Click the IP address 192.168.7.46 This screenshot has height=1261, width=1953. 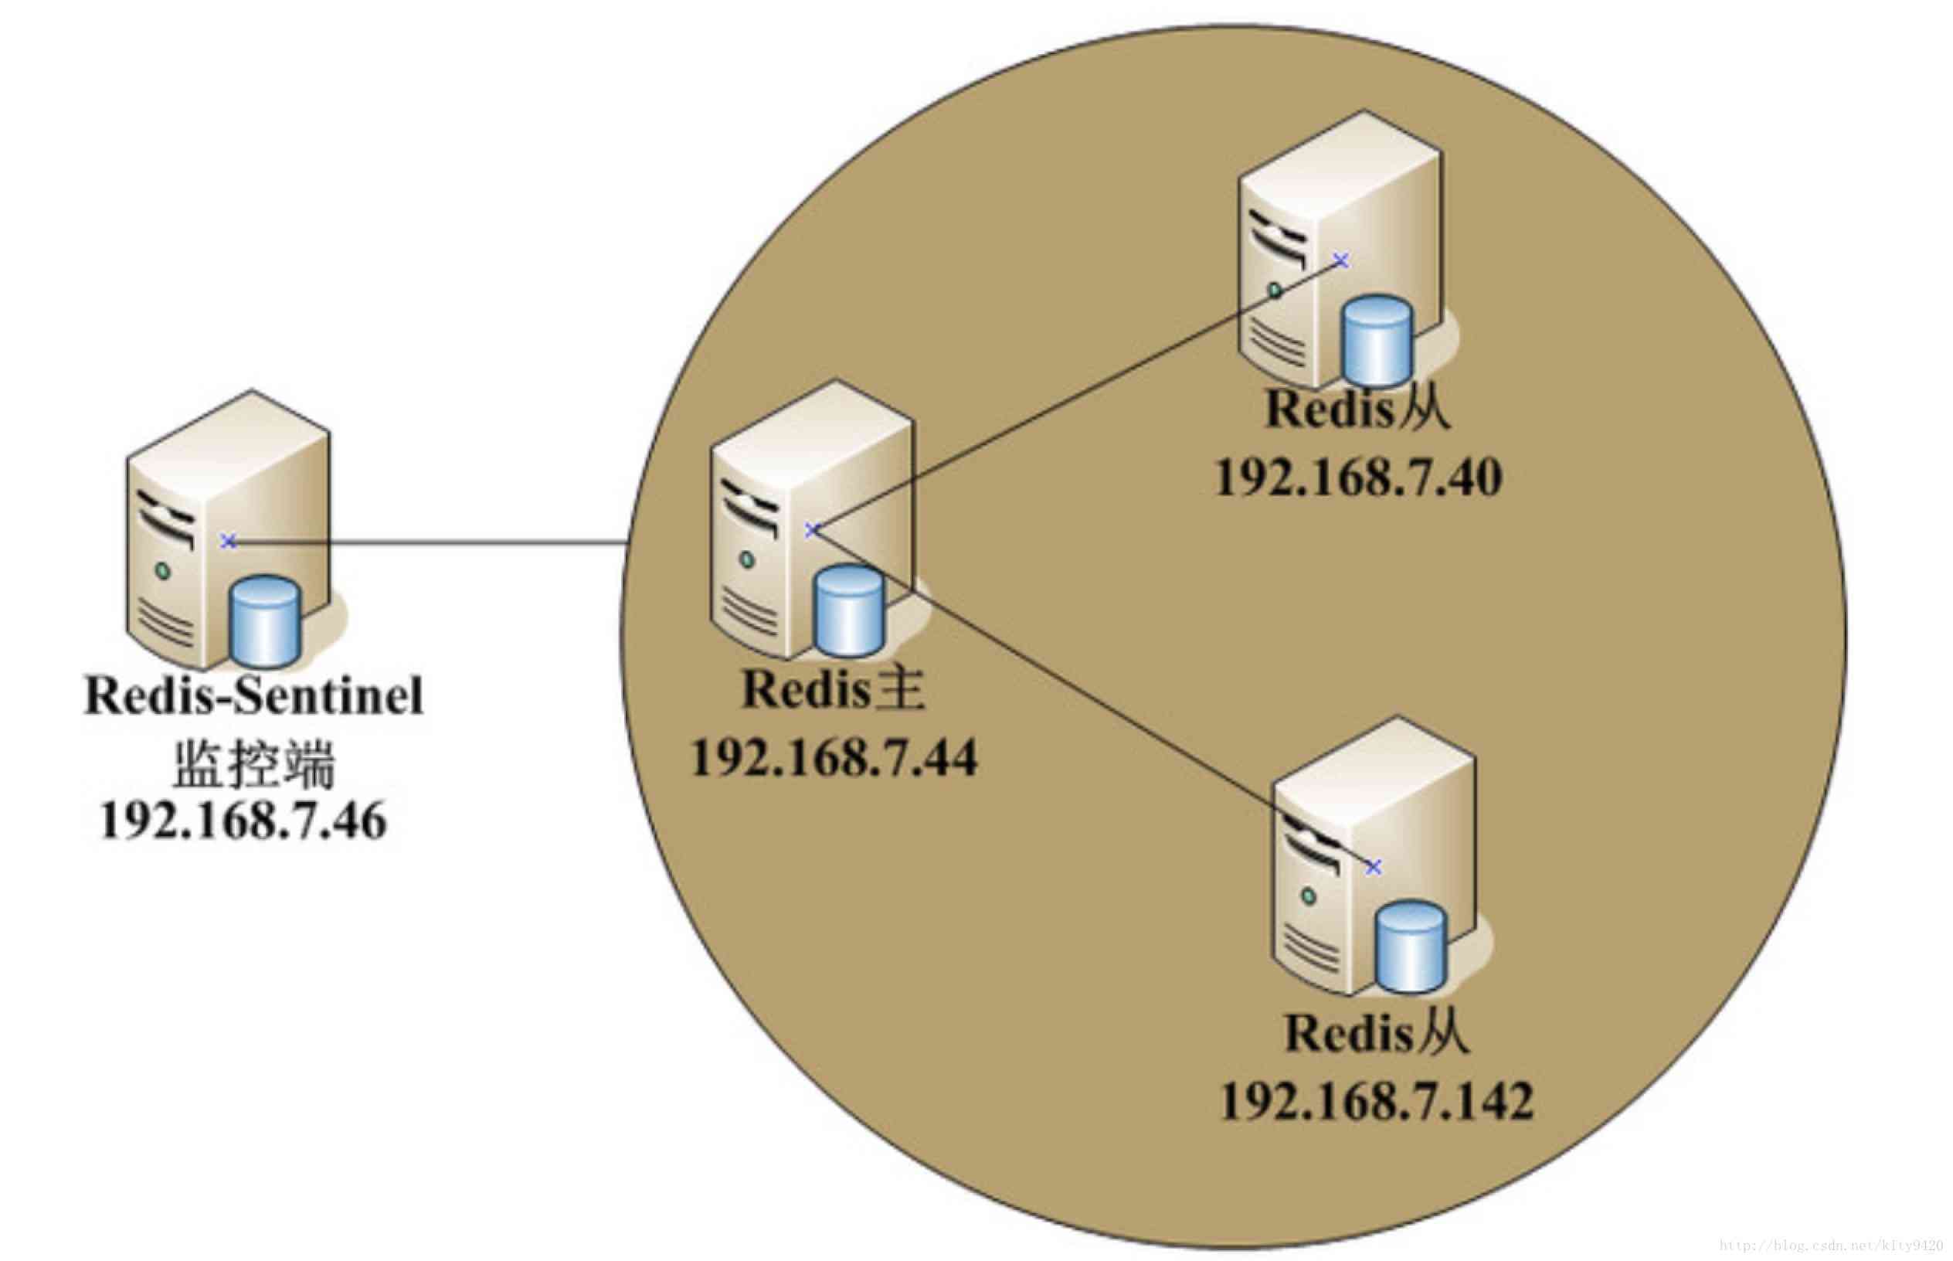(x=243, y=821)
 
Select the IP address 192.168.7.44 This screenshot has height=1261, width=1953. (x=834, y=758)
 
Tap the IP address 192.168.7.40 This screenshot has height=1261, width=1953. (x=1358, y=478)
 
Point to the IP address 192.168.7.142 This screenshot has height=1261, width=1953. (x=1376, y=1101)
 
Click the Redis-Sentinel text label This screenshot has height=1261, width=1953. (x=253, y=696)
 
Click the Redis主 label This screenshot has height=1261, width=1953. (x=833, y=689)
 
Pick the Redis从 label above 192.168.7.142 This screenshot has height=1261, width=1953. (x=1376, y=1033)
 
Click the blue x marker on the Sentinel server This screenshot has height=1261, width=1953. (x=229, y=541)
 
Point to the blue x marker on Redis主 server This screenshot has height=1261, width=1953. (x=811, y=531)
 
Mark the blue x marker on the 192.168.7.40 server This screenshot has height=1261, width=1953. (x=1340, y=260)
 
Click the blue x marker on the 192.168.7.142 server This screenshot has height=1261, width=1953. (x=1374, y=867)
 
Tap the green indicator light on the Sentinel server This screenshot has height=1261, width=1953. (x=163, y=571)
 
